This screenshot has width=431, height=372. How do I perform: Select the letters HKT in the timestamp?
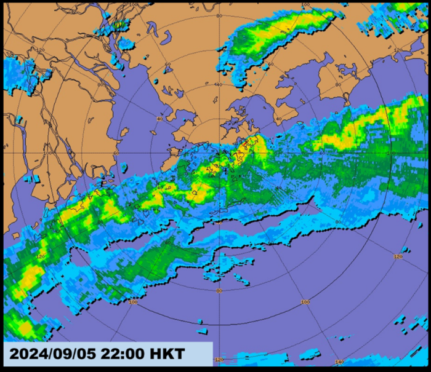point(164,355)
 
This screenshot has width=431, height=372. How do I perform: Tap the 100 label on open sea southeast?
point(304,302)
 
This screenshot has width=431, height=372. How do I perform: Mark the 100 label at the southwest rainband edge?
point(133,302)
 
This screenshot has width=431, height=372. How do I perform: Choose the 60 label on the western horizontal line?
point(117,153)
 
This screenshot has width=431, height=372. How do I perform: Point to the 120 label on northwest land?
point(42,50)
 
